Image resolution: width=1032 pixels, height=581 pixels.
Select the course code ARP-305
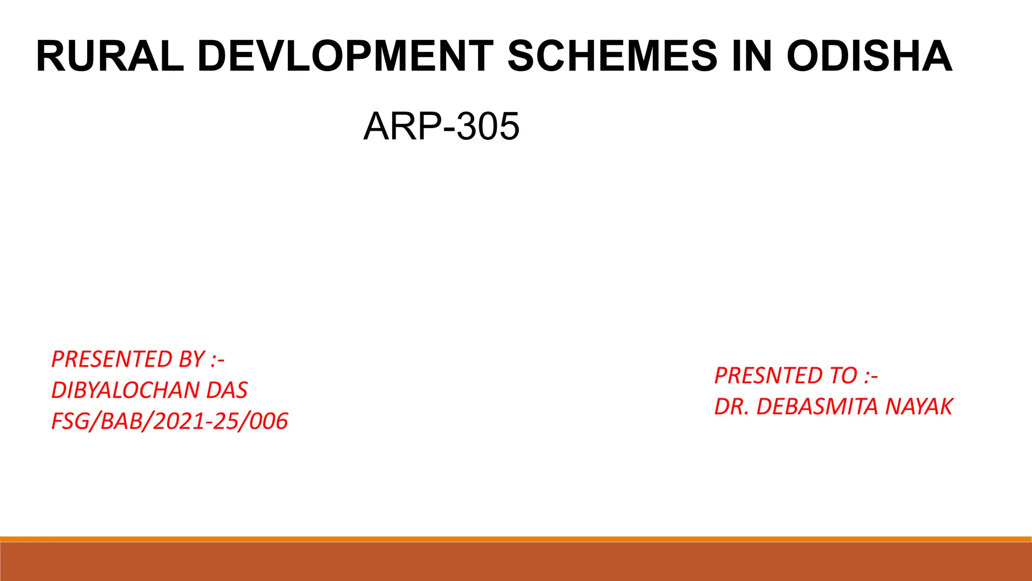pos(441,126)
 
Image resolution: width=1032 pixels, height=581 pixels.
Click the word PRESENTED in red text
pos(112,360)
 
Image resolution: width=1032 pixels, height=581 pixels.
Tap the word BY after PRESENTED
pos(191,360)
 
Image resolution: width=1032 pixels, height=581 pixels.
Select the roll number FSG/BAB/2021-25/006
pos(170,421)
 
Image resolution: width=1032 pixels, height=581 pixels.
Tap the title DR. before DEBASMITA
pos(732,406)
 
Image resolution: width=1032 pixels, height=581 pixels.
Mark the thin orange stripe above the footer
pos(516,539)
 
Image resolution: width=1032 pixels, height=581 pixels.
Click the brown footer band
pos(516,562)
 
